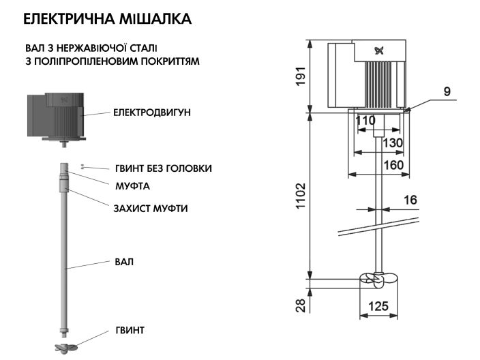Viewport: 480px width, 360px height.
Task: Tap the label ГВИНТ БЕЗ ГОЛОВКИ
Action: point(162,168)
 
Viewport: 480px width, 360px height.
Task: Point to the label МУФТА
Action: point(132,185)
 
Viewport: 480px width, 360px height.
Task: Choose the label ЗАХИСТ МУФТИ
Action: point(150,208)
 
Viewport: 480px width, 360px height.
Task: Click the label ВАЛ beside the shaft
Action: point(124,262)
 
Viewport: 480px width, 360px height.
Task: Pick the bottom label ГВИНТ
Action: point(130,331)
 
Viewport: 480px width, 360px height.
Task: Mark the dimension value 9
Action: point(446,91)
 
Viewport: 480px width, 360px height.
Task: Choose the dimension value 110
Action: point(365,121)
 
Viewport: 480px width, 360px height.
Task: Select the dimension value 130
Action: point(392,142)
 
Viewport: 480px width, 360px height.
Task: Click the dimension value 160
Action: point(392,164)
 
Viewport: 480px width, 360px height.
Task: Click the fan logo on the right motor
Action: point(378,50)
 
